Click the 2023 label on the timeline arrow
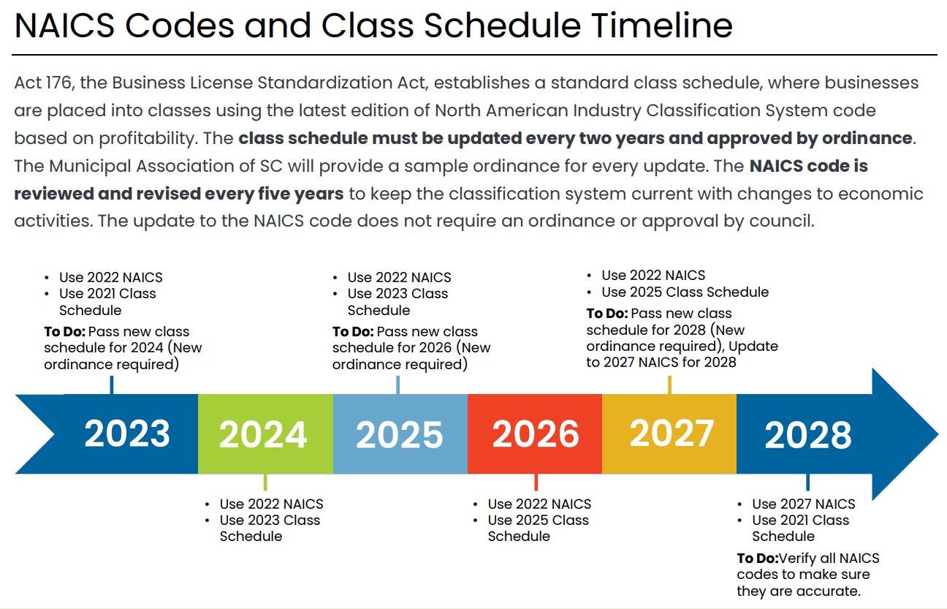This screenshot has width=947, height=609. (x=127, y=434)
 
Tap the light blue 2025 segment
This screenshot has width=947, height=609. (x=399, y=434)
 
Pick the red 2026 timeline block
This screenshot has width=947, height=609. (x=535, y=434)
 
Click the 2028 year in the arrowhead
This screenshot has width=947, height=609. (x=807, y=435)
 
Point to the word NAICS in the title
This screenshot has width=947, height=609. (x=64, y=26)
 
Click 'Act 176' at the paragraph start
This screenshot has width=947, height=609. (x=43, y=83)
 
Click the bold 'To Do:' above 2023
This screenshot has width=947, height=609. (x=64, y=332)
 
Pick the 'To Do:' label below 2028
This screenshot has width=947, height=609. (x=758, y=558)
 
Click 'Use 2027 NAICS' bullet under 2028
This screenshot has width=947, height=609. (x=803, y=504)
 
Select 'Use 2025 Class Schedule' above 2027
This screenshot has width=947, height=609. (x=685, y=292)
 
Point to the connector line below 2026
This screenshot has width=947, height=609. (x=536, y=483)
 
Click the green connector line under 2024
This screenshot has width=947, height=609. (x=265, y=483)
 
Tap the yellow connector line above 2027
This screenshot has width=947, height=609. (x=669, y=385)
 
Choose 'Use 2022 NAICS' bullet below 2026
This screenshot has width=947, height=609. (x=539, y=504)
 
